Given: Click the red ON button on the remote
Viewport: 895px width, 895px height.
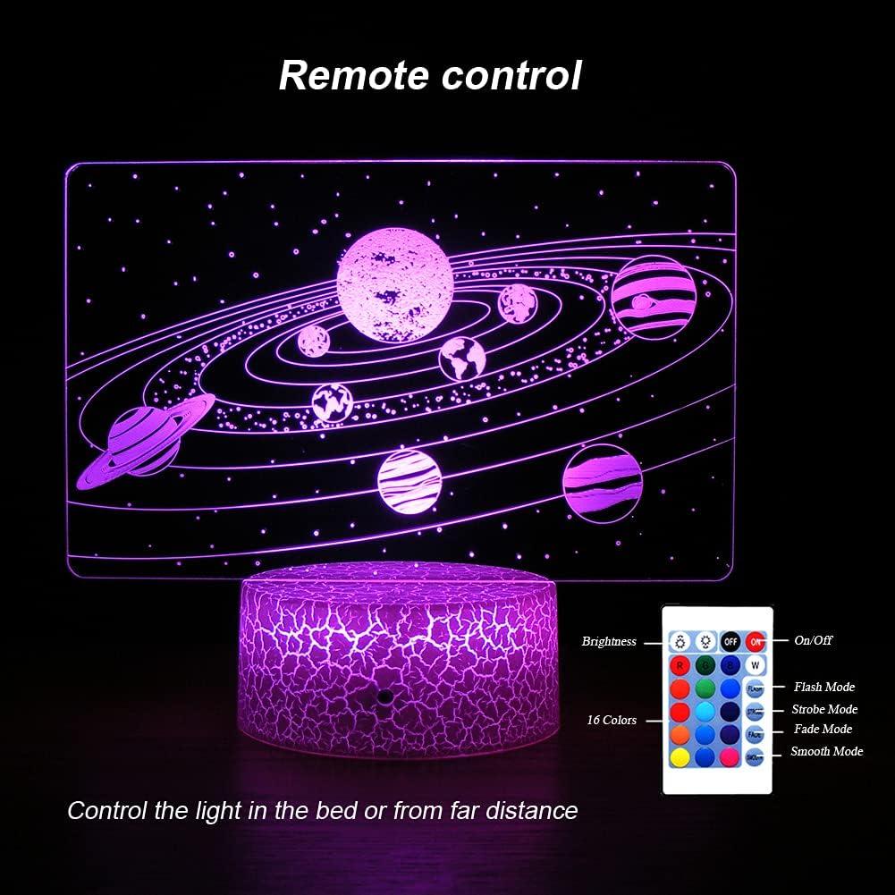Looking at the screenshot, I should [756, 641].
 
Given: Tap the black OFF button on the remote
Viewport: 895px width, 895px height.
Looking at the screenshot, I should [730, 641].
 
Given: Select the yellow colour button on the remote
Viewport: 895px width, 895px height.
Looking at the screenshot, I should [680, 756].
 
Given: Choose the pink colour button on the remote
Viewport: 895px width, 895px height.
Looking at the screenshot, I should [730, 756].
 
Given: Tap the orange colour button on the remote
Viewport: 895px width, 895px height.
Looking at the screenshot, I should [680, 734].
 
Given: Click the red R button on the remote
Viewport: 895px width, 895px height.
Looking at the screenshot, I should [680, 665].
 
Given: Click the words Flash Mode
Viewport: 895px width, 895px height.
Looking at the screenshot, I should [824, 687].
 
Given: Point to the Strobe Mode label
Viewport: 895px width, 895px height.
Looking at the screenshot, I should [824, 709].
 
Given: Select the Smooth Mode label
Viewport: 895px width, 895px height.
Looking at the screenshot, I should [827, 751].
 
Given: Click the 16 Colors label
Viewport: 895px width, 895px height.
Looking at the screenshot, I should [612, 719].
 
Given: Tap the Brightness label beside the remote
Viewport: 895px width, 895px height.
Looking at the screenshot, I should [609, 641].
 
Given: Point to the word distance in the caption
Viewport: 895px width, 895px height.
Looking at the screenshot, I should [532, 811].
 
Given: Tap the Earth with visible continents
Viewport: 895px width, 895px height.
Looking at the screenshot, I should [461, 357].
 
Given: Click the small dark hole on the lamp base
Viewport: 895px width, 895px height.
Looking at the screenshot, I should [384, 695].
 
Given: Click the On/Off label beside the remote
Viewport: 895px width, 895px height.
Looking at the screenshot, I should [813, 641].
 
